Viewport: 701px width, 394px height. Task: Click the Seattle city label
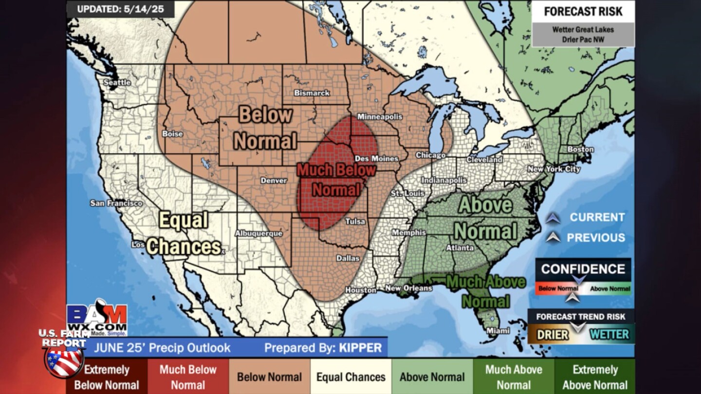pos(117,83)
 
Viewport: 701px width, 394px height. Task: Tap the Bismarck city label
pos(312,92)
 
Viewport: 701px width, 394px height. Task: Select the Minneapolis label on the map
pos(380,117)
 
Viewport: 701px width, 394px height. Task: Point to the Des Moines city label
pos(376,159)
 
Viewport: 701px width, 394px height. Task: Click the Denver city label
pos(274,180)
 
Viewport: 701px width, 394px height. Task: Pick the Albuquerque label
pos(258,233)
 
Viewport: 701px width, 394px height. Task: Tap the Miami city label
pos(499,331)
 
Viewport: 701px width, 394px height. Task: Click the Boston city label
pos(580,149)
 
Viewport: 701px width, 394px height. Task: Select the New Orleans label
pos(408,288)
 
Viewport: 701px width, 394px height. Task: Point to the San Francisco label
pos(116,203)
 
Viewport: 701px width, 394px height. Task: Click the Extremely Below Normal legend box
pos(107,377)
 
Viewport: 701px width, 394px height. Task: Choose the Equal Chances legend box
pos(351,377)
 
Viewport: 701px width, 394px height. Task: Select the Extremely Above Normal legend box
pos(595,377)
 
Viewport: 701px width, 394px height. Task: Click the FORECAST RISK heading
pos(583,12)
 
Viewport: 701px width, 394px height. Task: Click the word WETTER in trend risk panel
pos(609,335)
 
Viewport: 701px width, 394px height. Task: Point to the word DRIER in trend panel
pos(553,335)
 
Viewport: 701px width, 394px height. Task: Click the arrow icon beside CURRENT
pos(553,218)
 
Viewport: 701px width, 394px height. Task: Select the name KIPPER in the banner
pos(360,348)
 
